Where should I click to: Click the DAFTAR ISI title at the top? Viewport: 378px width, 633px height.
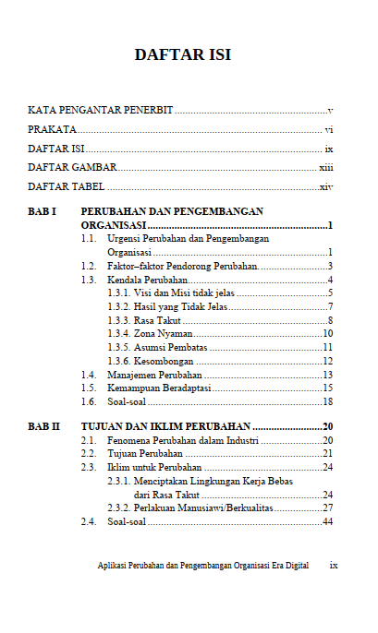[x=182, y=55]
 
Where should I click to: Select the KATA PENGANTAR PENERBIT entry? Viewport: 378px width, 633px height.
[x=100, y=111]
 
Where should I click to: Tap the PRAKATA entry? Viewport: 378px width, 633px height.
[x=52, y=130]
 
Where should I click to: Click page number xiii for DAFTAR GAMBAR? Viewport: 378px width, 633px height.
[x=325, y=168]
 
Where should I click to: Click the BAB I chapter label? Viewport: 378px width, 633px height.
[x=42, y=212]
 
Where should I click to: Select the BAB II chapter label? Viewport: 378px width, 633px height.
[x=43, y=427]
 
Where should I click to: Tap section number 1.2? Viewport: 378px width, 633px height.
[x=88, y=266]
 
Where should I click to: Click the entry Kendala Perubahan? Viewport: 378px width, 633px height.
[x=148, y=280]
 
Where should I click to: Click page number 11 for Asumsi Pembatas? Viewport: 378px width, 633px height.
[x=327, y=348]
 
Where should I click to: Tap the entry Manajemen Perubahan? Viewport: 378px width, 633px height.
[x=154, y=375]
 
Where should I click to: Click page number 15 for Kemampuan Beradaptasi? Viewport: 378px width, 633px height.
[x=327, y=388]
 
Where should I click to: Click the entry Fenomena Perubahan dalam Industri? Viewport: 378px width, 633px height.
[x=183, y=441]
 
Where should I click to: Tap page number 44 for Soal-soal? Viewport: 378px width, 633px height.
[x=327, y=522]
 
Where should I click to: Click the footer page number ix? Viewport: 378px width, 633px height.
[x=334, y=565]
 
